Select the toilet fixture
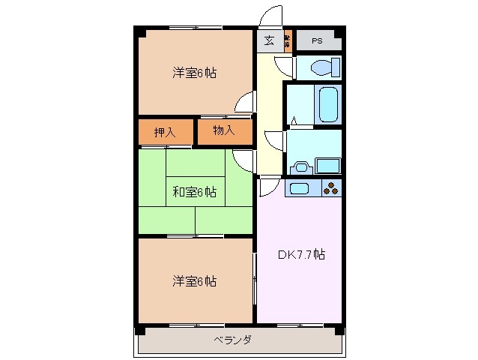coord(322,68)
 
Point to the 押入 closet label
coord(165,133)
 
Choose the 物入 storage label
coord(223,131)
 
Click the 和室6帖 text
coord(195,193)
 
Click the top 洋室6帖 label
coord(195,73)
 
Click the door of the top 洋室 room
coord(244,103)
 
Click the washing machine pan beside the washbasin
coord(328,164)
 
